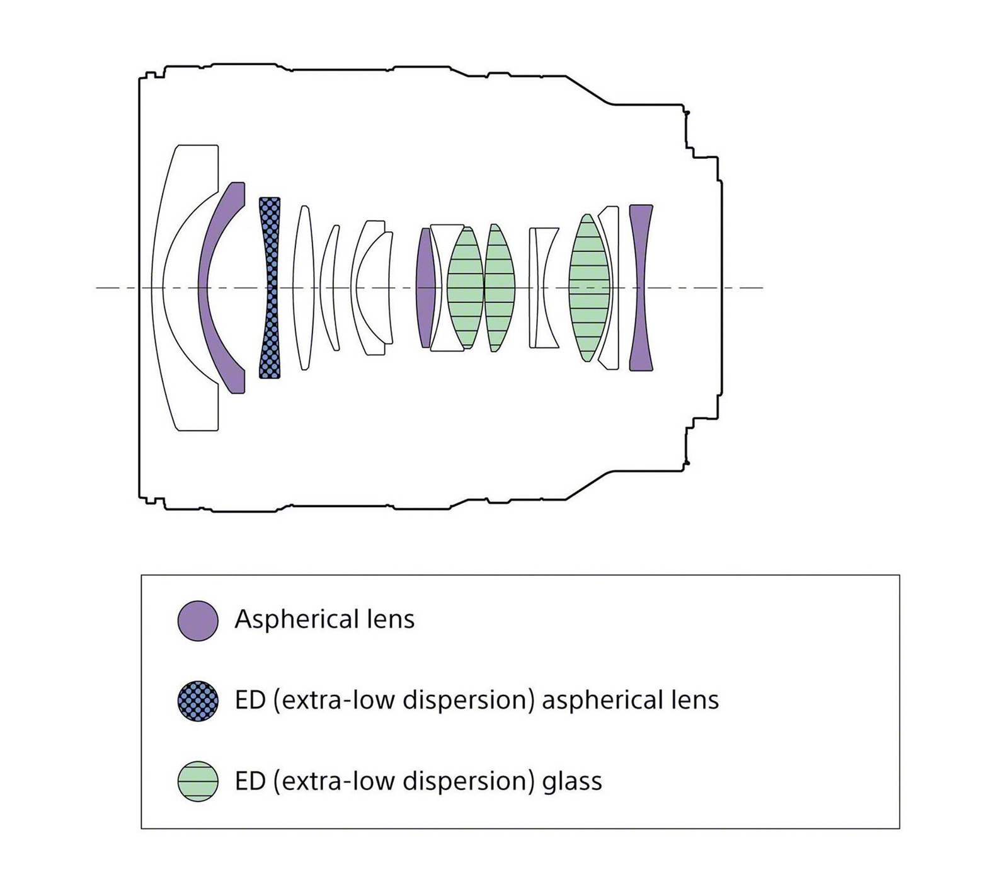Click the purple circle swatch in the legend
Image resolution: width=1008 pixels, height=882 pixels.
[198, 621]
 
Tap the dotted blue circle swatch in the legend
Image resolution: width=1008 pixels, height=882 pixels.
[198, 701]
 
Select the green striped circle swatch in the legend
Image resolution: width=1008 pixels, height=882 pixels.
[198, 781]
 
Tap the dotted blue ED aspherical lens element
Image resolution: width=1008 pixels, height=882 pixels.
[270, 288]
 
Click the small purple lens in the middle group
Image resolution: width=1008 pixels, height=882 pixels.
[425, 288]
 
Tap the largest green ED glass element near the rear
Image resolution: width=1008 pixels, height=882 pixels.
[588, 288]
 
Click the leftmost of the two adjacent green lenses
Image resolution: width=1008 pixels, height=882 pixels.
[465, 288]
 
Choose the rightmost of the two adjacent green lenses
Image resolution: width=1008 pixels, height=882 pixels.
[500, 288]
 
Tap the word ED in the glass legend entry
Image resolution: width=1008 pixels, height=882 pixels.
[250, 781]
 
